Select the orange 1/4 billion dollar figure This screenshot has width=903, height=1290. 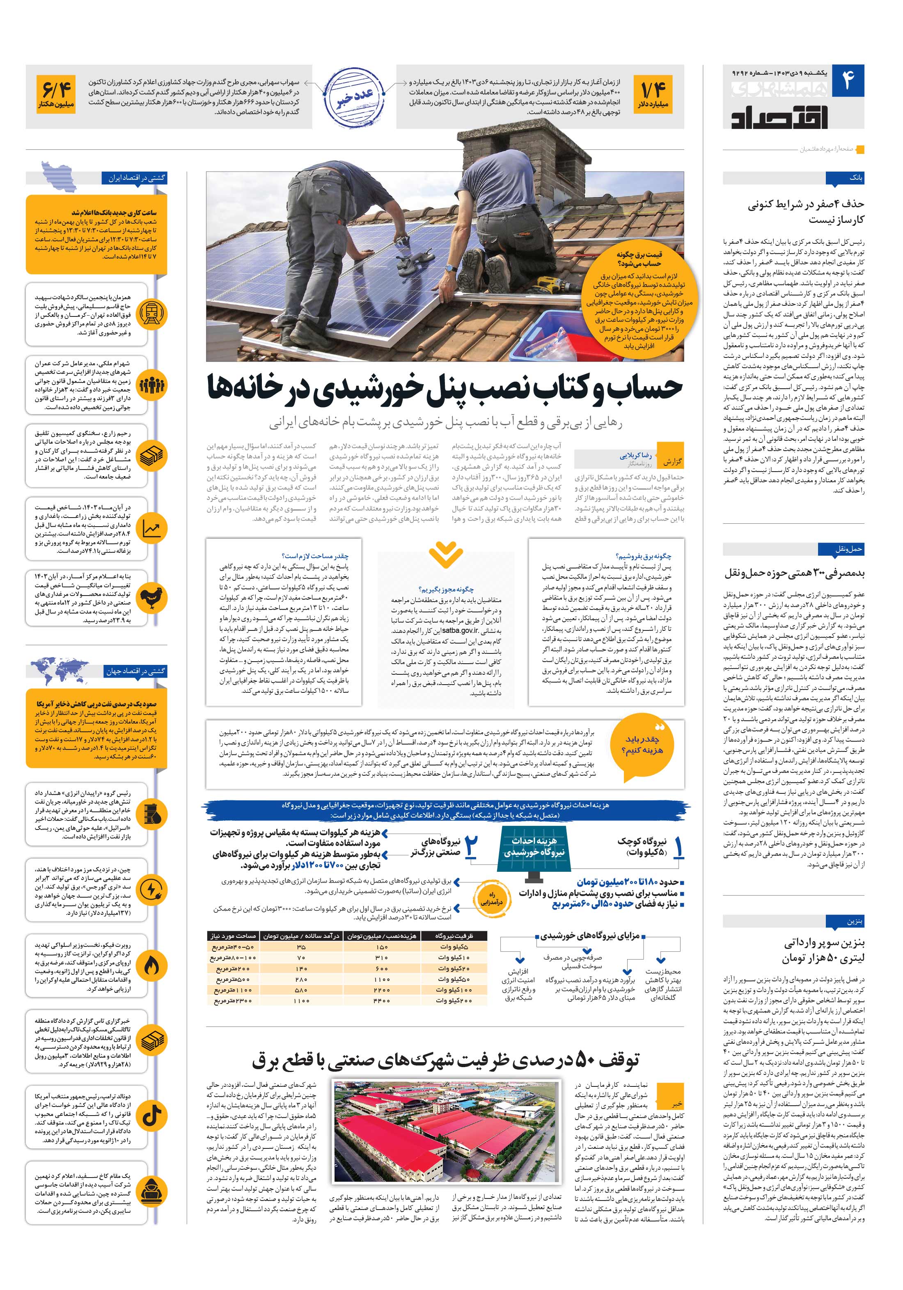tap(653, 93)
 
